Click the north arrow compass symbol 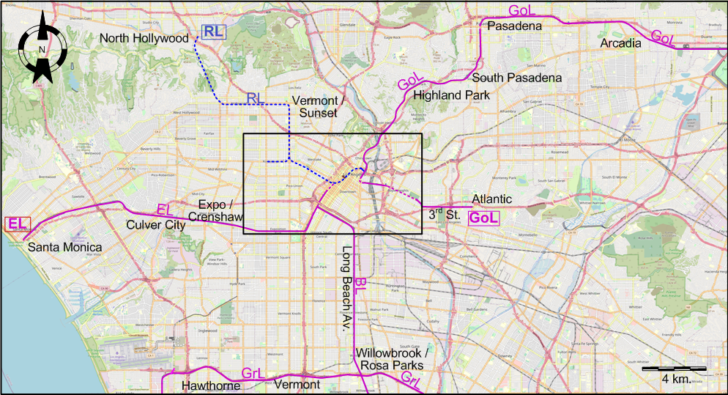[42, 50]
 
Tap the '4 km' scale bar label [674, 379]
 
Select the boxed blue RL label [213, 31]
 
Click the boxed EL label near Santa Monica [17, 224]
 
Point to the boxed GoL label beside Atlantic [483, 217]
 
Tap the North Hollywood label [144, 38]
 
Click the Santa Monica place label [65, 247]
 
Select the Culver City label [156, 225]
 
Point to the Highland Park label [446, 95]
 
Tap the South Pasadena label [517, 78]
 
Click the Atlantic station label [492, 199]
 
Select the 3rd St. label [444, 215]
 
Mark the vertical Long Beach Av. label [346, 290]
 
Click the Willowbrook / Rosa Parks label [392, 358]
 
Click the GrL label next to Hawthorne [253, 374]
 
